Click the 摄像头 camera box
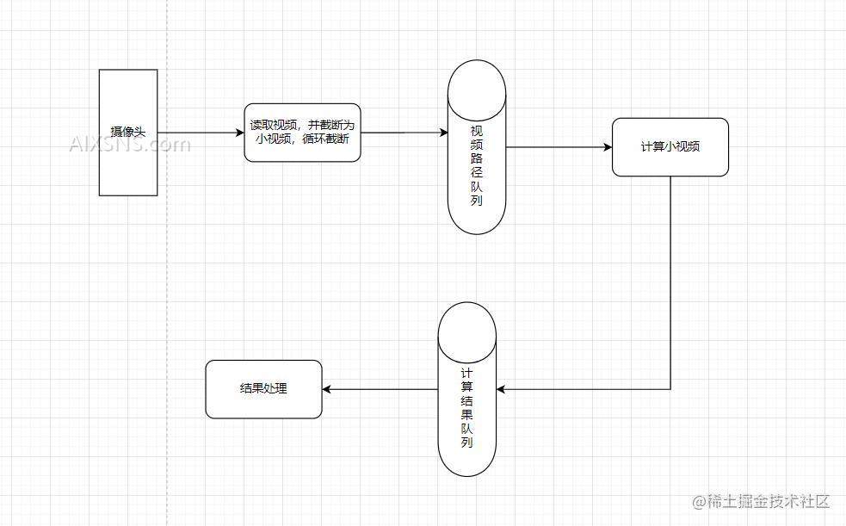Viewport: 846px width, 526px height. (128, 133)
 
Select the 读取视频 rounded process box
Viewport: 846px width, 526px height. (302, 133)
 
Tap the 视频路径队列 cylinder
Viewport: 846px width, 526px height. (476, 147)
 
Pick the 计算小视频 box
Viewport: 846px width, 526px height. (670, 147)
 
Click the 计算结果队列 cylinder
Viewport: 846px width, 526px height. (466, 390)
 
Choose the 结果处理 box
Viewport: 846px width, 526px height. (263, 389)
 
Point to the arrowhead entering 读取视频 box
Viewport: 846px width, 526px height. (239, 133)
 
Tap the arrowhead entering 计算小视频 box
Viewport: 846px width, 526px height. (607, 147)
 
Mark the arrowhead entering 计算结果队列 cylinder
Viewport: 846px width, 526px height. (502, 389)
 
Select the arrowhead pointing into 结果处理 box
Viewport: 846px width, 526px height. (328, 389)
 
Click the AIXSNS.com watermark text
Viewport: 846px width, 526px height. (129, 144)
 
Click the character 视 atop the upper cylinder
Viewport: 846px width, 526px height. (476, 130)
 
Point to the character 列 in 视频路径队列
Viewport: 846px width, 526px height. (476, 201)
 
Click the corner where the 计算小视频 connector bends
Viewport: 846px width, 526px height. (670, 389)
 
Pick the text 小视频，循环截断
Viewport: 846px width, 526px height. (302, 139)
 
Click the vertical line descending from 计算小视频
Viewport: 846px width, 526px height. (670, 275)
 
